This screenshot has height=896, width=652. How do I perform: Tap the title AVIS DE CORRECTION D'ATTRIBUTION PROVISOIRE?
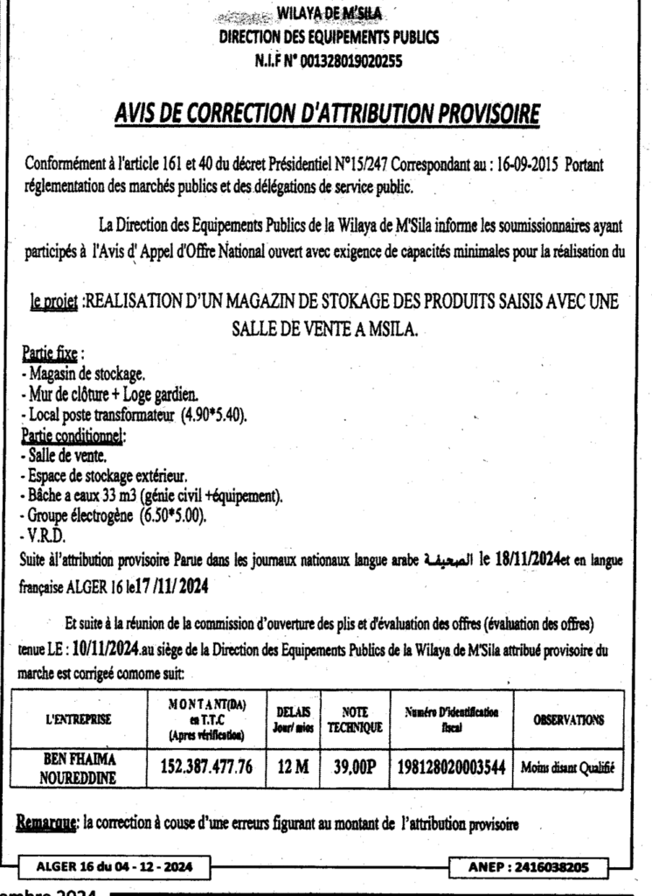pyautogui.click(x=327, y=115)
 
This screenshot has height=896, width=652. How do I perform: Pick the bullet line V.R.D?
pyautogui.click(x=40, y=535)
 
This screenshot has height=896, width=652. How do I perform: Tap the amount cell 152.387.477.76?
pyautogui.click(x=207, y=767)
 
